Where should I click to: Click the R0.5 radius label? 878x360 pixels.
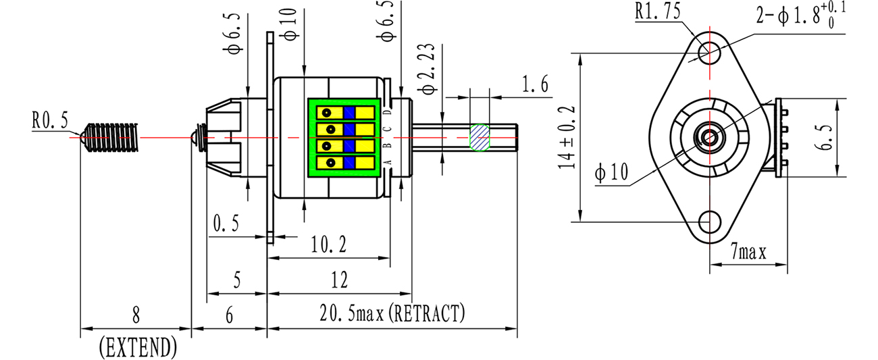click(50, 120)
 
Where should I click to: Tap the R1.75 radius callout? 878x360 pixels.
click(658, 11)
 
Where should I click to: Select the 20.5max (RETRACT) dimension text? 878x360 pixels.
click(392, 313)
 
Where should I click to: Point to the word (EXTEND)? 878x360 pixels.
click(138, 347)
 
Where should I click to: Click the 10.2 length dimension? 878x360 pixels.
click(329, 245)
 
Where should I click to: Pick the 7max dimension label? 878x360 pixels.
click(748, 251)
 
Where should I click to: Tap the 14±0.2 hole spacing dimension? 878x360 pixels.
click(567, 138)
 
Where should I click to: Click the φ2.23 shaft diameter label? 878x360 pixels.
click(428, 69)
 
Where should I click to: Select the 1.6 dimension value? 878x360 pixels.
click(535, 84)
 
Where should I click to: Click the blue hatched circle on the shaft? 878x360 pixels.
click(480, 137)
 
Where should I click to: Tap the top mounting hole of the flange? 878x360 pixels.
click(709, 53)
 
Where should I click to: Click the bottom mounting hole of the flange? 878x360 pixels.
click(709, 222)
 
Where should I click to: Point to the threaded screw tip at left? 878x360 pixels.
click(111, 137)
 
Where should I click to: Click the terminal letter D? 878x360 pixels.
click(388, 113)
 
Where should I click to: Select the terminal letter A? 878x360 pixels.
click(388, 162)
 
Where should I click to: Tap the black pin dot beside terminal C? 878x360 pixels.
click(330, 130)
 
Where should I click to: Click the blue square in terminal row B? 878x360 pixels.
click(349, 146)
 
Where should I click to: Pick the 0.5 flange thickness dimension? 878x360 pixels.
click(226, 224)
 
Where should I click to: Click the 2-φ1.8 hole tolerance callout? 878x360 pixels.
click(800, 15)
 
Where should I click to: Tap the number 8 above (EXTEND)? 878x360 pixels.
click(136, 315)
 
